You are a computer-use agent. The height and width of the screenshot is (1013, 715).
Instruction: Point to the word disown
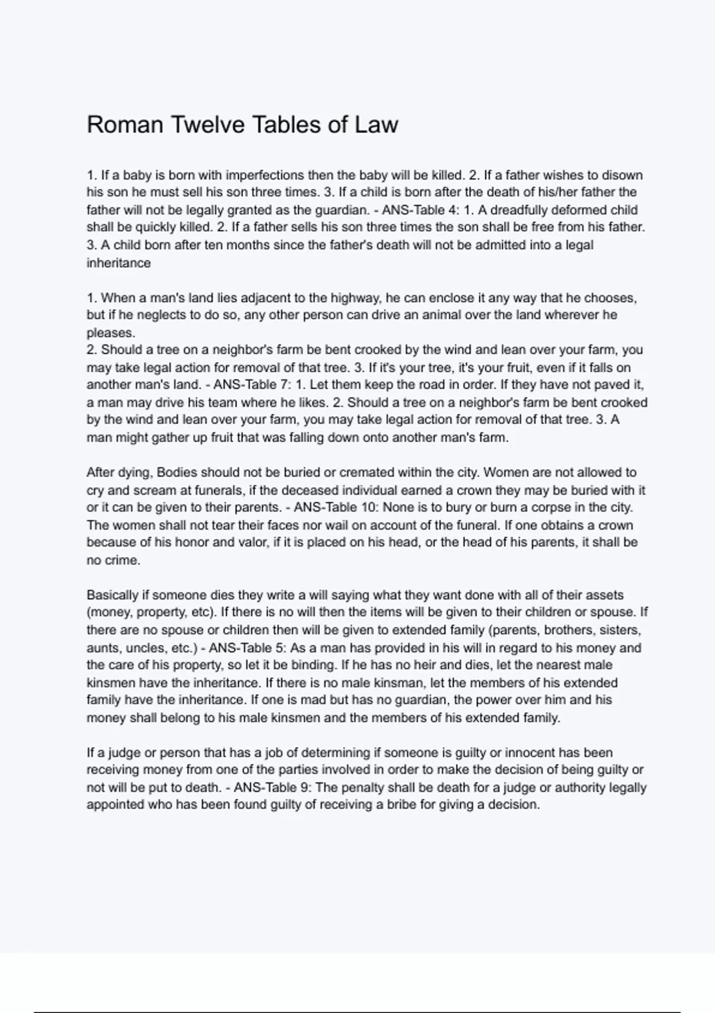tap(623, 175)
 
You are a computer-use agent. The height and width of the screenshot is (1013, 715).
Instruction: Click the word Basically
tap(113, 595)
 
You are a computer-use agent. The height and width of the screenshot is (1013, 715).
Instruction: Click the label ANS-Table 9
tap(271, 788)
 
